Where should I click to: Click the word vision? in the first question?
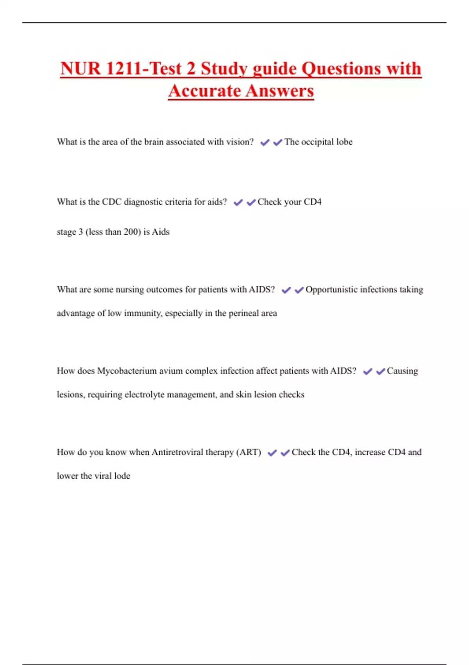240,142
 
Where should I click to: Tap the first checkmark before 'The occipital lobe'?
265,142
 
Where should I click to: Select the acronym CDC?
111,202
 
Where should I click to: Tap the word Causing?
402,371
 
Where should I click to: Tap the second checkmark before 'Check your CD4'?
251,203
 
